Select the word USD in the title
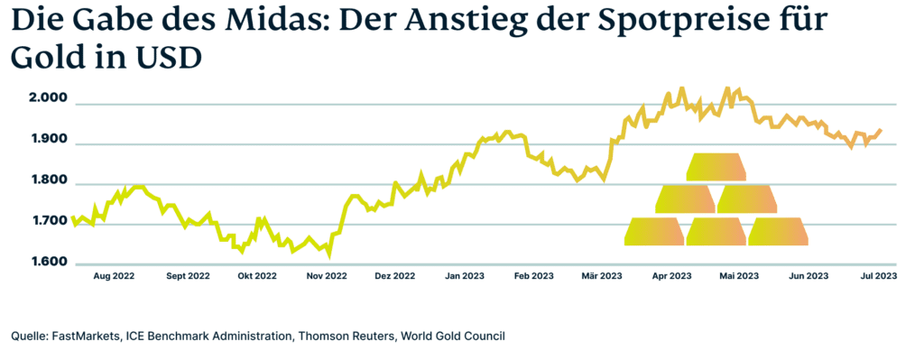coord(162,58)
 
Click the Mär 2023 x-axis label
coord(601,276)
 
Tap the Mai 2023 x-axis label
coord(737,276)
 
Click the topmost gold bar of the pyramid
coord(716,167)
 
